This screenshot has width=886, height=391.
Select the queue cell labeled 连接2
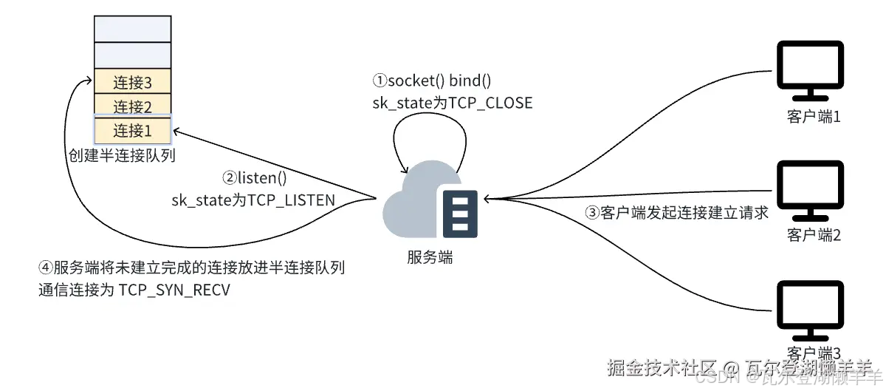point(133,105)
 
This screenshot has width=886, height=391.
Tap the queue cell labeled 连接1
point(133,131)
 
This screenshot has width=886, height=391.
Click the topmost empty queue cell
point(133,27)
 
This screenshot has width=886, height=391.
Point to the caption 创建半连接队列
point(122,156)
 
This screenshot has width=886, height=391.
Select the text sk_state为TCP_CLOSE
point(452,103)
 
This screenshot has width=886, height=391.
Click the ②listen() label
point(254,178)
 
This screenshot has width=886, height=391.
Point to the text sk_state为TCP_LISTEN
point(253,200)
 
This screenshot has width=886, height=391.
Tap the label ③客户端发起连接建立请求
point(677,213)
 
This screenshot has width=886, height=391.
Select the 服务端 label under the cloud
point(430,257)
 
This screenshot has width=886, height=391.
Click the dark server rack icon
point(460,213)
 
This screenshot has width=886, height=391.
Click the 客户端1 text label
point(814,117)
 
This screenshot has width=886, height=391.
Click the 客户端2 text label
point(814,235)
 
